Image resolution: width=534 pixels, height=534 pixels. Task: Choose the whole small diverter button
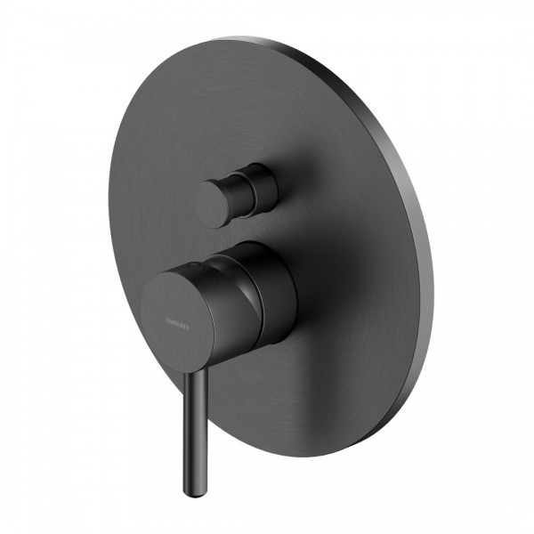click(236, 193)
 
